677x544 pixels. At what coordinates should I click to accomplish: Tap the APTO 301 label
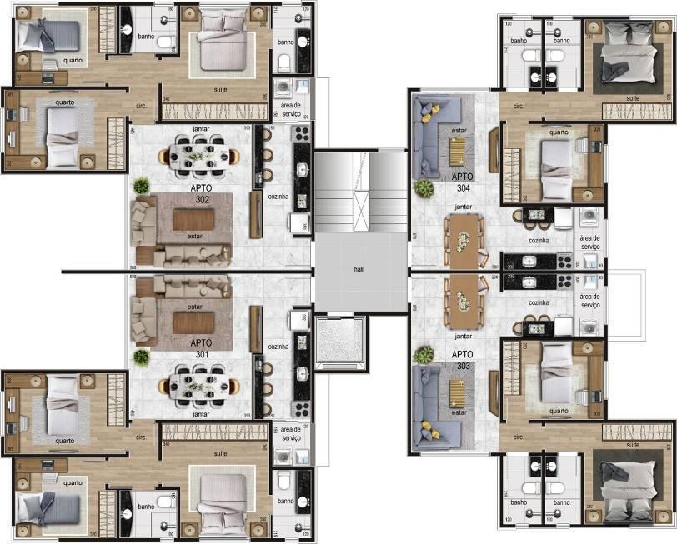click(200, 348)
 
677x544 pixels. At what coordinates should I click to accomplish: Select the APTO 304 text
click(464, 182)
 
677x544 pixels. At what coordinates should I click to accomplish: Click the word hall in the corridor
click(359, 270)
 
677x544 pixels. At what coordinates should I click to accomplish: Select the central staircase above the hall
click(360, 192)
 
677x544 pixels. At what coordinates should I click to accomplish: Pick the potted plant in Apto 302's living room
click(142, 186)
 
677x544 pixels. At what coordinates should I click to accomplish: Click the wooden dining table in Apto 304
click(465, 239)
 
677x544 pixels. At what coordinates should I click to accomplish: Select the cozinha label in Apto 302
click(279, 191)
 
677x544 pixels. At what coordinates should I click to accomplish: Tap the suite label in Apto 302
click(221, 88)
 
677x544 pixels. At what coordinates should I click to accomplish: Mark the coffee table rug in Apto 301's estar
click(193, 319)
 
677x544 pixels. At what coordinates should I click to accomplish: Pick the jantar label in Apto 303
click(464, 336)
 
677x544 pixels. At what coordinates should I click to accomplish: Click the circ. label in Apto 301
click(140, 436)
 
